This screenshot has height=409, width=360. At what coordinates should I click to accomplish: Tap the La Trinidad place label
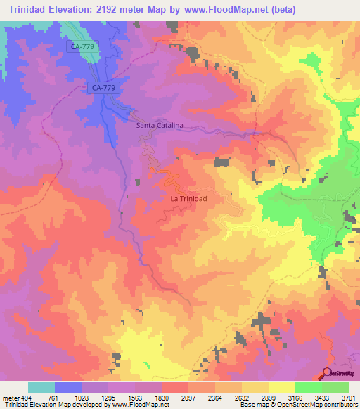click(x=189, y=199)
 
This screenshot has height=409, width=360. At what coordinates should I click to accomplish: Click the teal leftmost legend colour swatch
click(x=41, y=387)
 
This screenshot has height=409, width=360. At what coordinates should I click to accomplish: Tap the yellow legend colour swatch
click(x=282, y=387)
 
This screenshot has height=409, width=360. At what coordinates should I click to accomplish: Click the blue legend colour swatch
click(x=68, y=387)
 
